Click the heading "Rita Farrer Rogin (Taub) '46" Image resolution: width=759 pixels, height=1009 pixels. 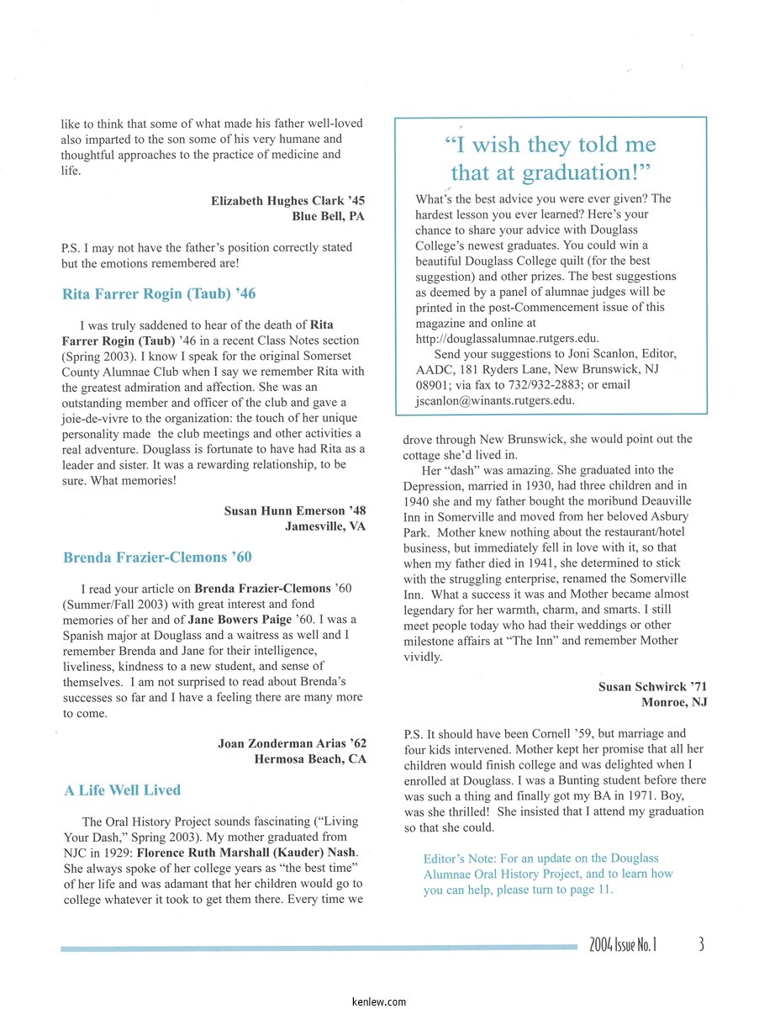click(x=159, y=294)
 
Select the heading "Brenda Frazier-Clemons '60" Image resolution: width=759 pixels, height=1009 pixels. click(x=157, y=557)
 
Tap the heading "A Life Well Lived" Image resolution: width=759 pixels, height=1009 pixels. click(x=122, y=790)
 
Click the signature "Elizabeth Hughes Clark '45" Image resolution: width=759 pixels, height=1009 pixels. click(x=287, y=201)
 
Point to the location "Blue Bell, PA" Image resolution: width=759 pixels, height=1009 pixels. click(x=328, y=216)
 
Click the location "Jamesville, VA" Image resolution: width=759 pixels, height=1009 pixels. click(x=325, y=526)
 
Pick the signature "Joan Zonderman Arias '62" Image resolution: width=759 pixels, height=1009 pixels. click(x=292, y=744)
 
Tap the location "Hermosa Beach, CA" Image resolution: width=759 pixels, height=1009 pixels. click(x=310, y=759)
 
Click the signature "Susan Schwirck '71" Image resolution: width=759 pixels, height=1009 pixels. click(x=652, y=687)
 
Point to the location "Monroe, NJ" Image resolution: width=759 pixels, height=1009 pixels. click(x=674, y=702)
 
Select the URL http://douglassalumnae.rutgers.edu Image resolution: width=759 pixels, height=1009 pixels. click(x=508, y=339)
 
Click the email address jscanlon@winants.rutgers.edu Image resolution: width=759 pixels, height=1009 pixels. click(x=495, y=400)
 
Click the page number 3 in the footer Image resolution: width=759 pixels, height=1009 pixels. click(x=701, y=944)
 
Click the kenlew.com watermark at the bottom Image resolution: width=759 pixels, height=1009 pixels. click(x=379, y=1001)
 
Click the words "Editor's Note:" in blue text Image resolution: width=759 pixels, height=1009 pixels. click(x=460, y=858)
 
